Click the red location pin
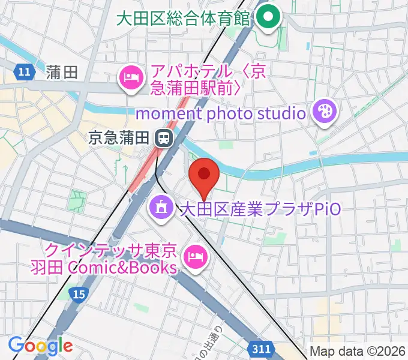[x=204, y=175]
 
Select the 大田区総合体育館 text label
[x=182, y=17]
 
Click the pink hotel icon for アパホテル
[x=131, y=77]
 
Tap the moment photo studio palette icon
[x=325, y=112]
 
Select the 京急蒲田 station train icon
[x=162, y=138]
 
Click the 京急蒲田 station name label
[x=118, y=138]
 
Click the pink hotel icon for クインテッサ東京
[x=194, y=257]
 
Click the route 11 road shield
[x=23, y=73]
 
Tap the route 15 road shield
[x=78, y=293]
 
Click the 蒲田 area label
[x=61, y=73]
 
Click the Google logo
[x=40, y=345]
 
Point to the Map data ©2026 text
[x=357, y=352]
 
